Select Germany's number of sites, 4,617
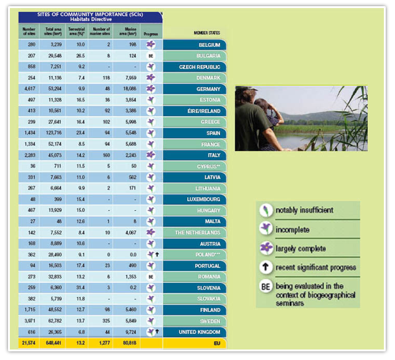30,89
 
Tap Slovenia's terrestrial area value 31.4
80,288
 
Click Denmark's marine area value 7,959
129,78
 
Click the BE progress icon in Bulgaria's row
150,56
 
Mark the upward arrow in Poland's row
158,254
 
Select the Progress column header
150,34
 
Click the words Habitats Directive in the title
90,19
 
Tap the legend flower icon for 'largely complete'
266,248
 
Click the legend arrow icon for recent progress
266,267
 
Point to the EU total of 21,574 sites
29,342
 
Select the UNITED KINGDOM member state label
200,332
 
